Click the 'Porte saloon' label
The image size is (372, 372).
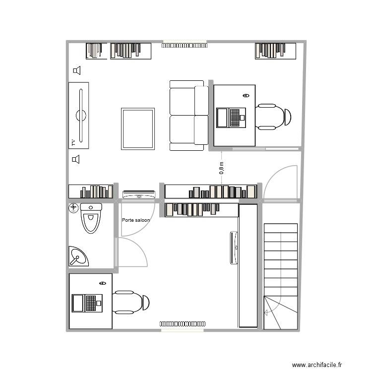pos(135,220)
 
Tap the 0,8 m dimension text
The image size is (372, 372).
pos(221,168)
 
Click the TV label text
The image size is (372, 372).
pos(73,143)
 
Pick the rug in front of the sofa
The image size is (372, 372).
pos(137,128)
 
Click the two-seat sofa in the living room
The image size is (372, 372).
pos(188,115)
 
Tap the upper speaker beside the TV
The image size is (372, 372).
pos(76,71)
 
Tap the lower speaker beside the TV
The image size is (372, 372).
pos(76,159)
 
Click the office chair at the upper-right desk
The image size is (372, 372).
pos(273,117)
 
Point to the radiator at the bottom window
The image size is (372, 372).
pos(182,323)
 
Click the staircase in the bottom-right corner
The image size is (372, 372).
pos(281,275)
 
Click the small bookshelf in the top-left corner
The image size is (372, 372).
pos(96,51)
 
